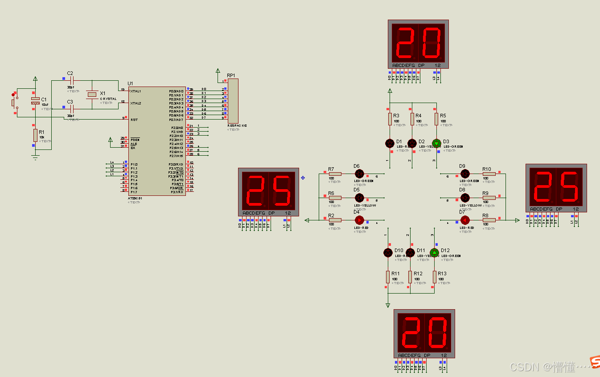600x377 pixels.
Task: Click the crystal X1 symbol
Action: click(92, 94)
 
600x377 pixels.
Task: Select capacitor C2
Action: click(71, 81)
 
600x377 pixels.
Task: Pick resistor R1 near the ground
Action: click(35, 135)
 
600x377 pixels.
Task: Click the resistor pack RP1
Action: click(233, 101)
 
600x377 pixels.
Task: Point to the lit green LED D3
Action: click(436, 143)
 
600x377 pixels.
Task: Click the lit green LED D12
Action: click(435, 253)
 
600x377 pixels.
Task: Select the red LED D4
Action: click(359, 220)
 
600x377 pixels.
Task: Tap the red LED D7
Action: click(464, 220)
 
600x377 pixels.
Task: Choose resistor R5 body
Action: click(437, 119)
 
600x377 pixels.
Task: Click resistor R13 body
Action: click(435, 277)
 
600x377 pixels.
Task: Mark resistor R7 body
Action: click(335, 174)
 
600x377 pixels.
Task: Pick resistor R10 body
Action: click(489, 174)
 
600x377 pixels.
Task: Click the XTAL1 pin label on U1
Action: click(136, 91)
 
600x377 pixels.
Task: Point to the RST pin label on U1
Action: click(134, 120)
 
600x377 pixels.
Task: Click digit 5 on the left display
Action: click(282, 190)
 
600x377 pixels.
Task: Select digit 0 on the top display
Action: click(431, 43)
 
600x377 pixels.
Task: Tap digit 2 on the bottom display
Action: click(411, 333)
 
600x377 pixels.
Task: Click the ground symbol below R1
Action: click(35, 156)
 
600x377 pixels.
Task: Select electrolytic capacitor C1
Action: click(35, 101)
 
